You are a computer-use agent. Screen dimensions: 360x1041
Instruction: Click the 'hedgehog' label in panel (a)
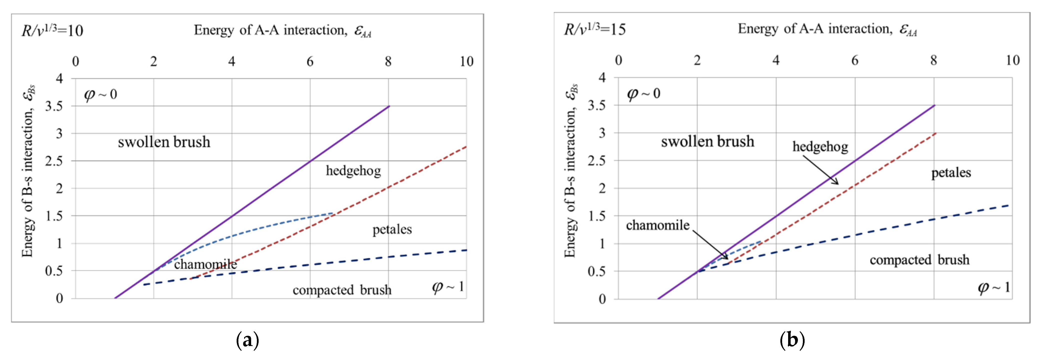point(353,171)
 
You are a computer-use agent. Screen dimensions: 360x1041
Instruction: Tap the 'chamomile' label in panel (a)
point(205,264)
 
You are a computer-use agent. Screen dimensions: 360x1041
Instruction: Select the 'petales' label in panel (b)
point(951,173)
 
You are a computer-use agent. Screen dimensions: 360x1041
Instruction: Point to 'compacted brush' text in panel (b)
point(919,260)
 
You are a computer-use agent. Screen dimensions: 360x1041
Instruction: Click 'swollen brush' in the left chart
point(164,142)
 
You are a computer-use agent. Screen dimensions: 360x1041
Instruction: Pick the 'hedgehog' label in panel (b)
point(820,147)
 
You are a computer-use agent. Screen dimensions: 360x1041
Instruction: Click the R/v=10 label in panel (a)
point(52,31)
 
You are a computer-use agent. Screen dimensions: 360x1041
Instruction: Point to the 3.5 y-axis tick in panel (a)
point(54,106)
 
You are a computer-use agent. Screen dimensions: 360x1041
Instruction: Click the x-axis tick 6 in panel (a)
point(310,61)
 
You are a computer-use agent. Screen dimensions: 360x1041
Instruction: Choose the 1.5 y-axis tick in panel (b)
point(597,216)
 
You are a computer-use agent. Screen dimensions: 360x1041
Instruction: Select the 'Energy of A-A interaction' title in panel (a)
point(282,30)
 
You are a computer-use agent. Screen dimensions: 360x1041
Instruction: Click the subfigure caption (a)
point(247,341)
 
